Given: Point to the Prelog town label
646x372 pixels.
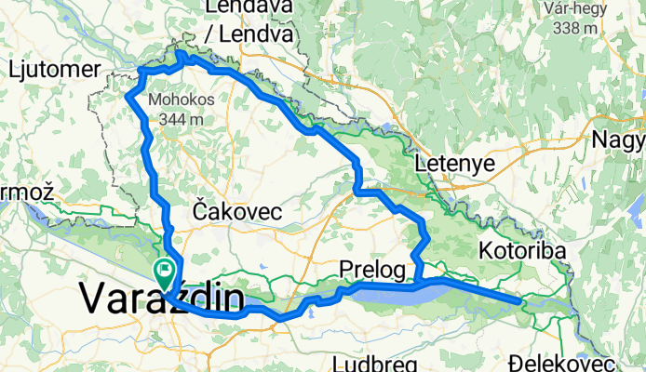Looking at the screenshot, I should (x=373, y=271).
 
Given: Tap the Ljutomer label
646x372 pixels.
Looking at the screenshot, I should (x=53, y=69).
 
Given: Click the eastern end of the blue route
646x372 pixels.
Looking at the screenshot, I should (x=518, y=299).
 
